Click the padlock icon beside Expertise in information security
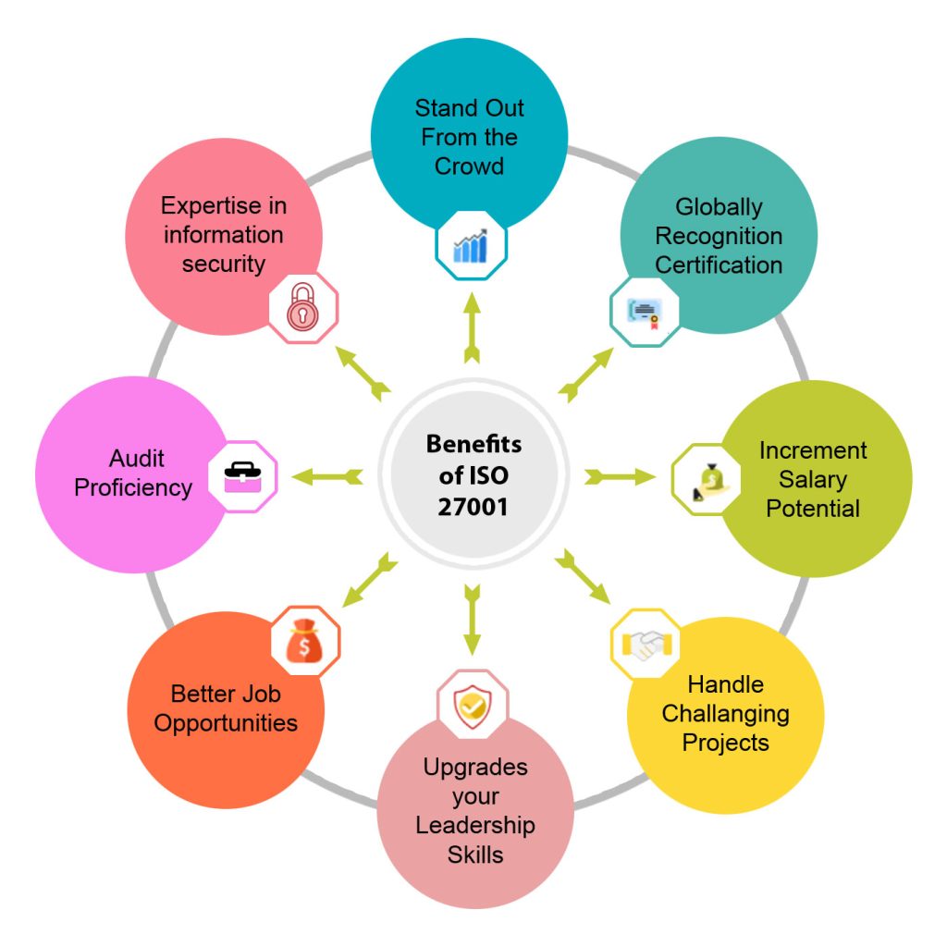302,309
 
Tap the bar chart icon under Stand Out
471,245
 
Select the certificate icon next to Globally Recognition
645,313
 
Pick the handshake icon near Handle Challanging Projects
646,643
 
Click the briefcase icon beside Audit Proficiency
242,477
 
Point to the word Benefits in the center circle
473,444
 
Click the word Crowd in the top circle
469,166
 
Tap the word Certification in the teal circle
719,264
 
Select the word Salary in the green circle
813,479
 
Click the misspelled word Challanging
725,714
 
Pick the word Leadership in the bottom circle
475,825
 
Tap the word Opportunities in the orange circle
226,722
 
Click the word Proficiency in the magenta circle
133,487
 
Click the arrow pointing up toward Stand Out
472,327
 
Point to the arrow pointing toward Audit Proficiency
326,477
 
